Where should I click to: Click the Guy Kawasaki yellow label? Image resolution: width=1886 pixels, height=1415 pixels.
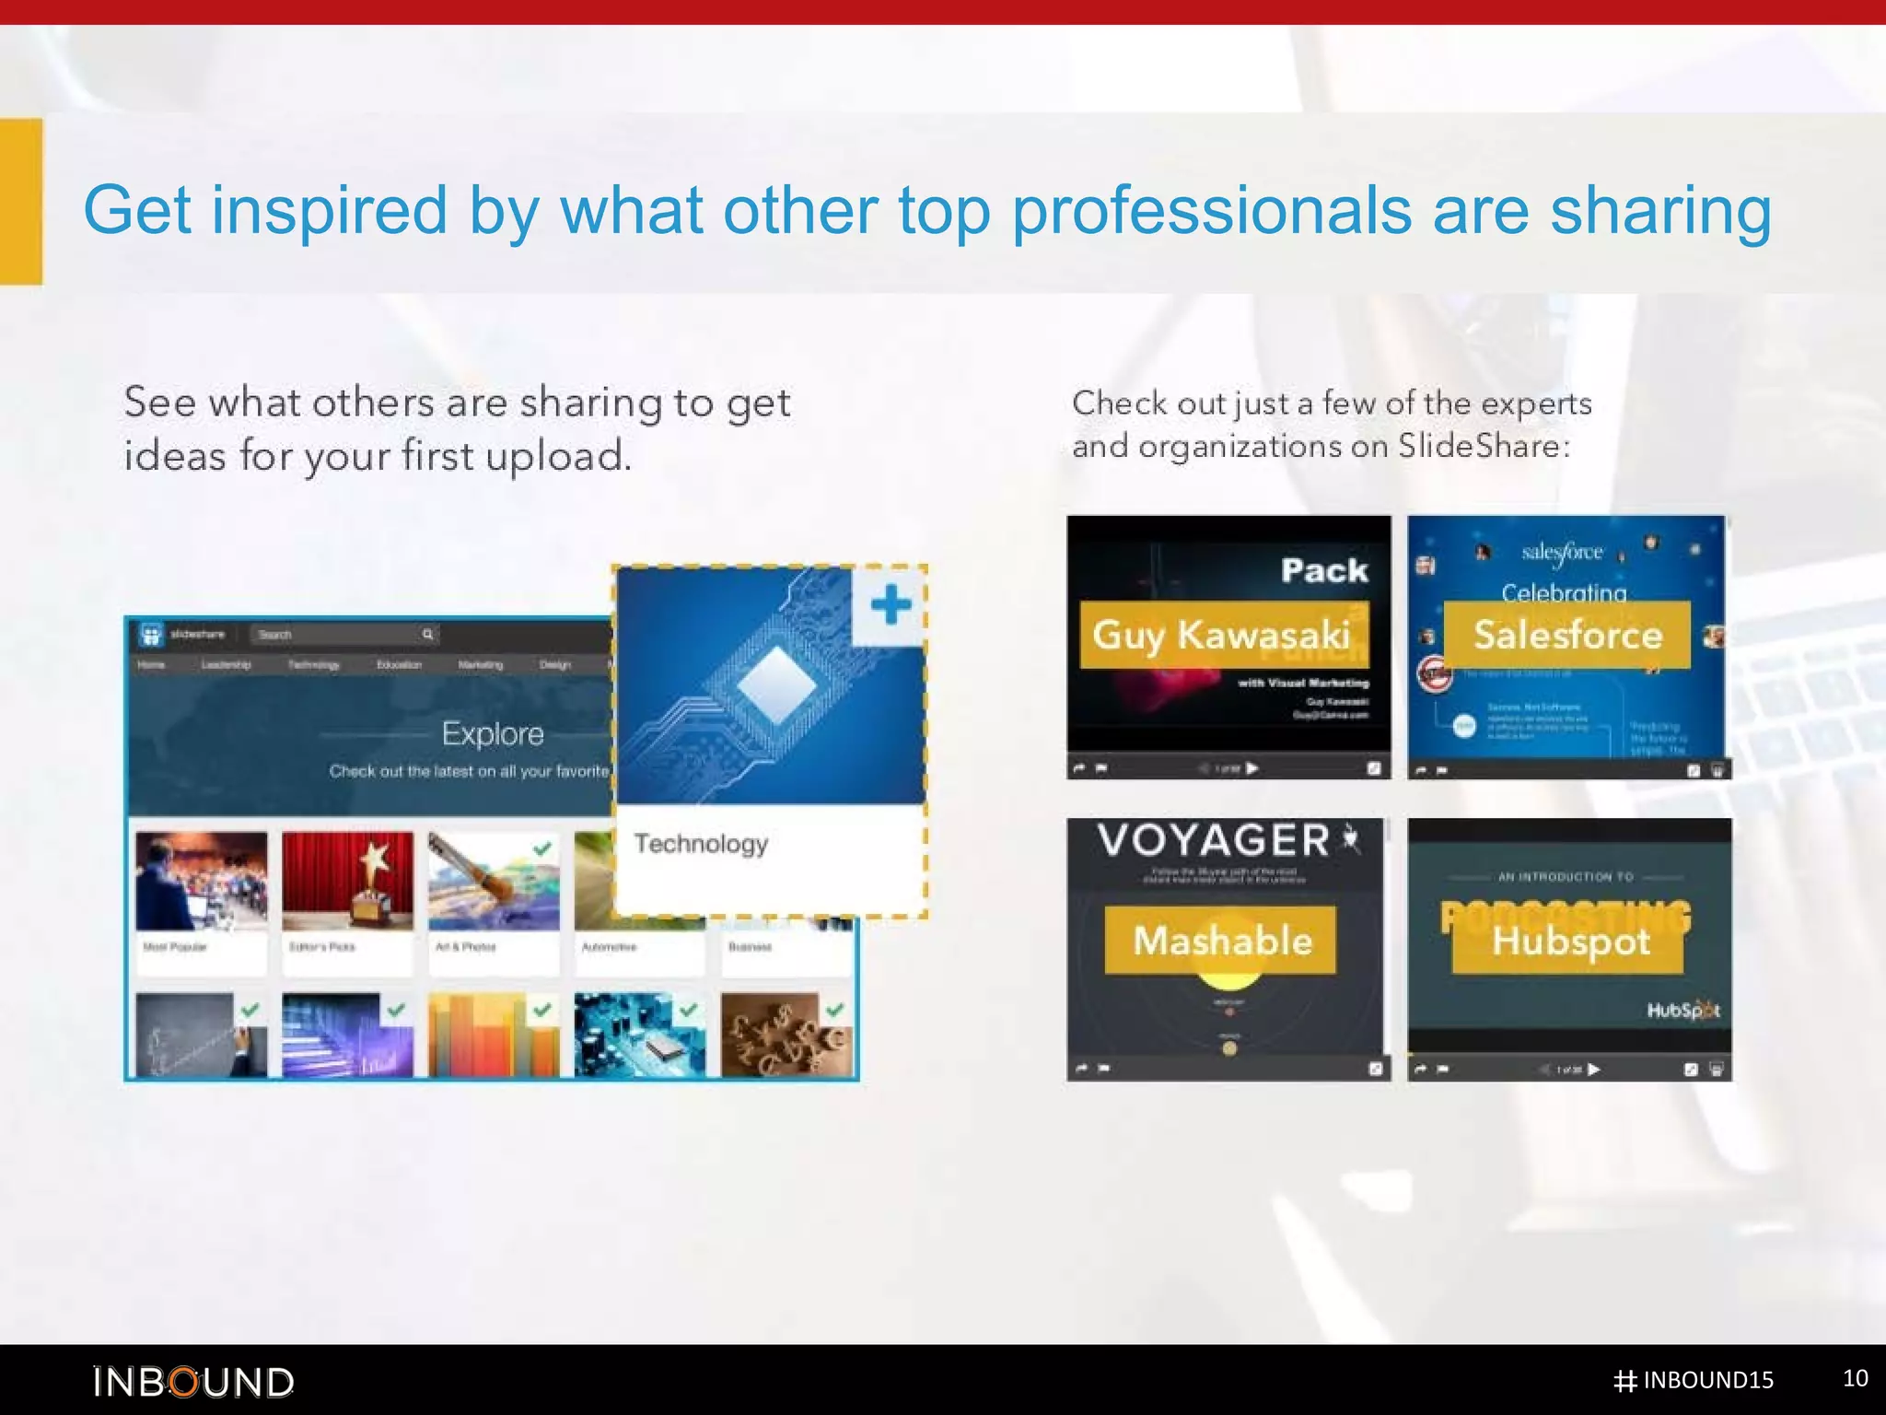tap(1223, 635)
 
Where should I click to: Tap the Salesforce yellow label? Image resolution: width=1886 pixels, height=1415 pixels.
tap(1567, 635)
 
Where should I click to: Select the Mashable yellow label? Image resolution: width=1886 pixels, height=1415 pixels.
tap(1221, 940)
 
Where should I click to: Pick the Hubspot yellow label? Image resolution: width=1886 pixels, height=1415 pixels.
tap(1569, 941)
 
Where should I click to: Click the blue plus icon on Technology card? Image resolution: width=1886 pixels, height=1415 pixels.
tap(890, 605)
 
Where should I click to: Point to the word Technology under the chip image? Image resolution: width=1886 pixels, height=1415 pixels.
tap(701, 843)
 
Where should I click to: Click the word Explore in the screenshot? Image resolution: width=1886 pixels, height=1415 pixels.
tap(493, 733)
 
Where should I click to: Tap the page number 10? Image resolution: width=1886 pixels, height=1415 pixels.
tap(1855, 1378)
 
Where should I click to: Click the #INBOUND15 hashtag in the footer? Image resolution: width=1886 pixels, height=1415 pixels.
tap(1694, 1380)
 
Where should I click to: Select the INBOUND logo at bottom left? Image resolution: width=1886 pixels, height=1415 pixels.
tap(193, 1382)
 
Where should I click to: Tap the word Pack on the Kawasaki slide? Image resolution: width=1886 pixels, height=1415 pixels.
tap(1324, 570)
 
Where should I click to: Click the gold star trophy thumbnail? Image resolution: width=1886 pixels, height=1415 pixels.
tap(348, 881)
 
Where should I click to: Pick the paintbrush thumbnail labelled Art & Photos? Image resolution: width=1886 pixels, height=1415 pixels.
tap(494, 881)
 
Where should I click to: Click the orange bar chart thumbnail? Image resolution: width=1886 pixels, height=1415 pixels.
tap(494, 1035)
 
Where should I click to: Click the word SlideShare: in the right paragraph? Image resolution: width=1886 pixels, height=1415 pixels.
tap(1484, 446)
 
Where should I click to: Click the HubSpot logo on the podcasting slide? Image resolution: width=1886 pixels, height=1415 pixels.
tap(1682, 1011)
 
